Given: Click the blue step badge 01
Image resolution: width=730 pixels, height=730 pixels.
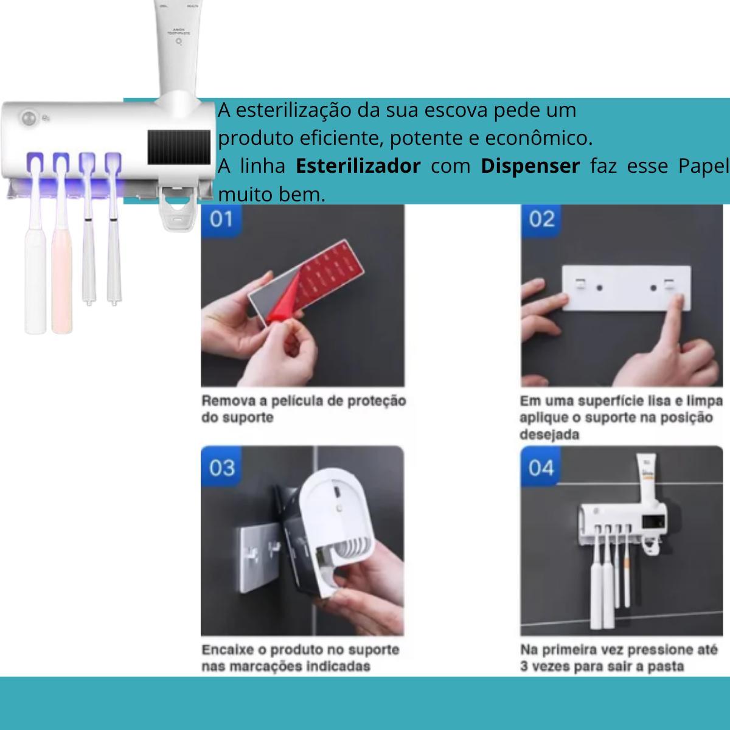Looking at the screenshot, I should pyautogui.click(x=221, y=219).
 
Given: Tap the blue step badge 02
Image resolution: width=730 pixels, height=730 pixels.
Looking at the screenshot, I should pyautogui.click(x=541, y=219).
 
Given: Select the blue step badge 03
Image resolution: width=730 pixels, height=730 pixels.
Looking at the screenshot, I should pyautogui.click(x=221, y=468).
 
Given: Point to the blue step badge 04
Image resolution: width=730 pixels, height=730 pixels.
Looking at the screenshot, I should pyautogui.click(x=541, y=468).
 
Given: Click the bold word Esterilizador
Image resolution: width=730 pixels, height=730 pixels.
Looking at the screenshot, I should pyautogui.click(x=358, y=166).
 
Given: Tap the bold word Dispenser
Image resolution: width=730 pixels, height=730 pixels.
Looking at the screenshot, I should pyautogui.click(x=530, y=166).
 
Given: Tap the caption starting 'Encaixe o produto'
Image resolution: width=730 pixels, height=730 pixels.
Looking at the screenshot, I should pyautogui.click(x=301, y=658).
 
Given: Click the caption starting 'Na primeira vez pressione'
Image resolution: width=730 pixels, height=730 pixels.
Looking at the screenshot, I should pyautogui.click(x=619, y=658).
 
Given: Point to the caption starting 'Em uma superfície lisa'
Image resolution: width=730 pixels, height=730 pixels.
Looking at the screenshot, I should pyautogui.click(x=620, y=417).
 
